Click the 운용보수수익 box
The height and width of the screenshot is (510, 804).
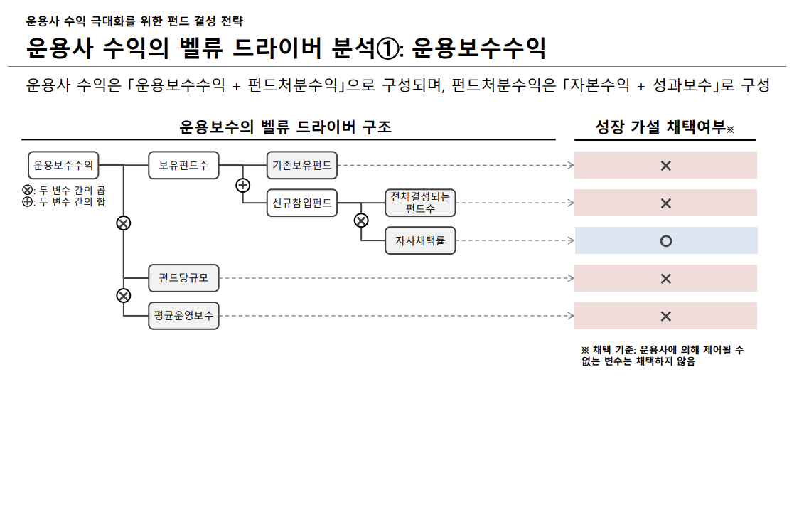coord(63,165)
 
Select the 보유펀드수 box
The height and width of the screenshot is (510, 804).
coord(183,165)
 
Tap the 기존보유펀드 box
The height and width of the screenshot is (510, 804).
coord(301,165)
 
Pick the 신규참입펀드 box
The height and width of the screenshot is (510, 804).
coord(301,203)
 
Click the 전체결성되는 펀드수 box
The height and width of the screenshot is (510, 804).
coord(420,203)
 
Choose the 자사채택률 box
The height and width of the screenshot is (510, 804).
coord(420,240)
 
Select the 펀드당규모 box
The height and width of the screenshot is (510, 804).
coord(183,278)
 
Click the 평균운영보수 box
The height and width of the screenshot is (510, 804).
coord(183,316)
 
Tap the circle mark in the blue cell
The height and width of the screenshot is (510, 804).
coord(665,241)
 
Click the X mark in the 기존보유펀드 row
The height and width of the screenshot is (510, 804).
coord(665,166)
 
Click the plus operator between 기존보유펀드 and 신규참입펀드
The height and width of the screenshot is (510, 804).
coord(242,186)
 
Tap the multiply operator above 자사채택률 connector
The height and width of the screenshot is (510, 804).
coord(361,221)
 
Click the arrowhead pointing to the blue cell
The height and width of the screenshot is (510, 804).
coord(570,241)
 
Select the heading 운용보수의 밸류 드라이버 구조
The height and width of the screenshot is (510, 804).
coord(285,127)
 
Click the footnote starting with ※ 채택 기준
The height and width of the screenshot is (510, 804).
coord(663,356)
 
